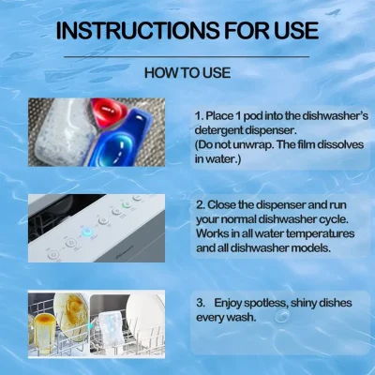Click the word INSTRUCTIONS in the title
(x=139, y=31)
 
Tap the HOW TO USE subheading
(x=187, y=73)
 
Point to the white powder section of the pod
(x=64, y=130)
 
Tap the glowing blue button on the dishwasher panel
(x=86, y=232)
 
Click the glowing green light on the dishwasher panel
(x=127, y=205)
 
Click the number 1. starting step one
(x=200, y=116)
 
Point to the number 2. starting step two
(x=201, y=205)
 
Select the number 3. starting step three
(x=201, y=303)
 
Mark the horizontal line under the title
(x=187, y=57)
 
